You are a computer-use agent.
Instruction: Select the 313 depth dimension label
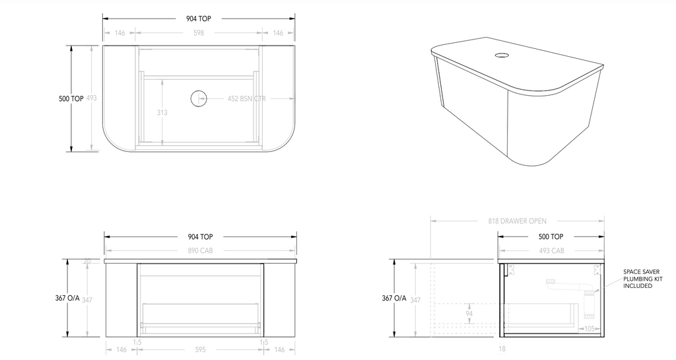tap(162, 112)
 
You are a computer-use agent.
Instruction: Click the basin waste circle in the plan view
tap(199, 99)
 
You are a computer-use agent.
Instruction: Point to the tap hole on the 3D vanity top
tap(501, 55)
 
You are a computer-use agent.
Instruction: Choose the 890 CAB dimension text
tap(199, 250)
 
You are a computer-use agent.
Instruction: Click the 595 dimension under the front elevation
tap(199, 349)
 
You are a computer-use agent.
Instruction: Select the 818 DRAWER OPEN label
tap(518, 221)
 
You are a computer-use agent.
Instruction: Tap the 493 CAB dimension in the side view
tap(551, 250)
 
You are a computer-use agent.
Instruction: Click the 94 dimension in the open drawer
tap(469, 313)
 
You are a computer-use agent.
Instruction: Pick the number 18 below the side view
tap(503, 349)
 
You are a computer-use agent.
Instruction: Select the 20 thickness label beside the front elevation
tap(87, 262)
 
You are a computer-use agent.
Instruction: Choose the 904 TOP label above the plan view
tap(199, 19)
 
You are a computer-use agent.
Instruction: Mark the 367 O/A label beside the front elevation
tap(68, 299)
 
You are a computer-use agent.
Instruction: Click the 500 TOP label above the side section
tap(551, 236)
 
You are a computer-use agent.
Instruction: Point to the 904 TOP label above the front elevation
tap(199, 236)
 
